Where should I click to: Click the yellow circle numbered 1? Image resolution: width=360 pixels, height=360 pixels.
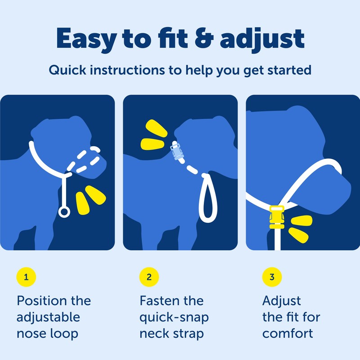tap(26, 277)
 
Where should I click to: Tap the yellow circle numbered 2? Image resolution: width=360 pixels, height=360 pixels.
tap(148, 277)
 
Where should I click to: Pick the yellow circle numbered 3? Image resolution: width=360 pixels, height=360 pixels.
tap(271, 277)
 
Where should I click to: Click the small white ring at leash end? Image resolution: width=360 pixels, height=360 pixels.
tap(65, 211)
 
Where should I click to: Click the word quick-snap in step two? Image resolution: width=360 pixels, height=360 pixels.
tap(174, 318)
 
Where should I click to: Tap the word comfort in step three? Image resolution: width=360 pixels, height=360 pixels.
tap(288, 334)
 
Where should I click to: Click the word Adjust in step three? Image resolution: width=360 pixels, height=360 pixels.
tap(282, 301)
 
